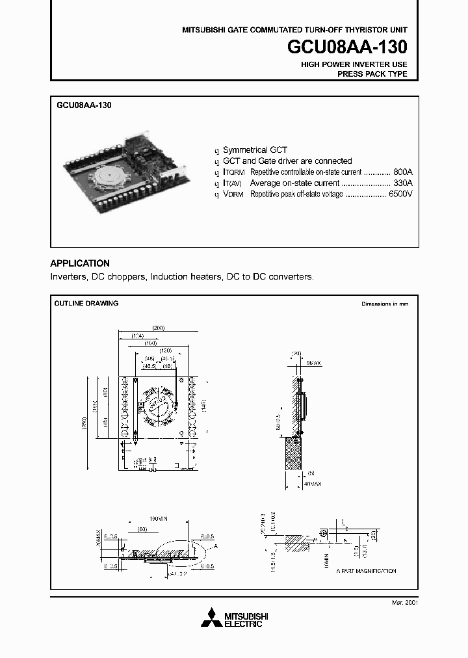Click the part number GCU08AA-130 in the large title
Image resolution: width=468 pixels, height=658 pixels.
tap(347, 47)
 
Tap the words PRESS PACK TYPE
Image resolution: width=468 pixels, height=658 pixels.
tap(372, 74)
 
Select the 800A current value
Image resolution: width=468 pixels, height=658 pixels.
tap(403, 172)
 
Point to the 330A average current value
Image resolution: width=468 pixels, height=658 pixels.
tap(403, 183)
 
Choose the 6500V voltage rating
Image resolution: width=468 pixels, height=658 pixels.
tap(400, 194)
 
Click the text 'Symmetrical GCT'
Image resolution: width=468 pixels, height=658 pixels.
tap(255, 150)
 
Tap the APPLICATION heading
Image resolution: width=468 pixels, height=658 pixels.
tap(80, 263)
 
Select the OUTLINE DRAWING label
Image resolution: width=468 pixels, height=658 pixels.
tap(86, 304)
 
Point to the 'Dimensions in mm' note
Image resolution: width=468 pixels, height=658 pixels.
tap(385, 304)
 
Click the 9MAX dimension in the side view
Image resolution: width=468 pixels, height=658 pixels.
tap(313, 362)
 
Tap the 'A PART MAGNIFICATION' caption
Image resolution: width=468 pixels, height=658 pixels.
tap(366, 571)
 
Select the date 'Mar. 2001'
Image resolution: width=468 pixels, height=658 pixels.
tap(404, 603)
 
